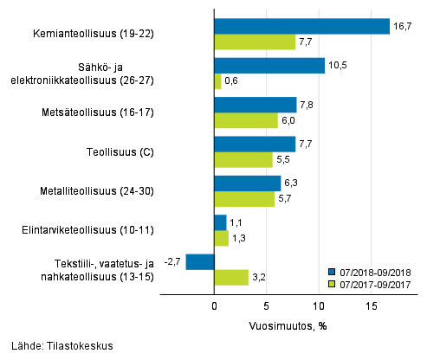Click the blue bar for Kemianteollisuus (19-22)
(x=301, y=27)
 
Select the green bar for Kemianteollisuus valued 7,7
(x=255, y=42)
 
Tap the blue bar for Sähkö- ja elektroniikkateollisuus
(x=269, y=66)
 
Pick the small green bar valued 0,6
(x=217, y=81)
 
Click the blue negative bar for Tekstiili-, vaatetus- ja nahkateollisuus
(x=200, y=261)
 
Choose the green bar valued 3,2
(x=231, y=277)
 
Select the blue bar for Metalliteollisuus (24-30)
(x=247, y=183)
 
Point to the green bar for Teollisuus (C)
(x=243, y=160)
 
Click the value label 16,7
(x=401, y=27)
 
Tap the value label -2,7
(x=172, y=261)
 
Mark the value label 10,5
(x=336, y=66)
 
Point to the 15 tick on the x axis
(x=372, y=305)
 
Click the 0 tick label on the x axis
(x=214, y=305)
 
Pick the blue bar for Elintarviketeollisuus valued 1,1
(x=220, y=222)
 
